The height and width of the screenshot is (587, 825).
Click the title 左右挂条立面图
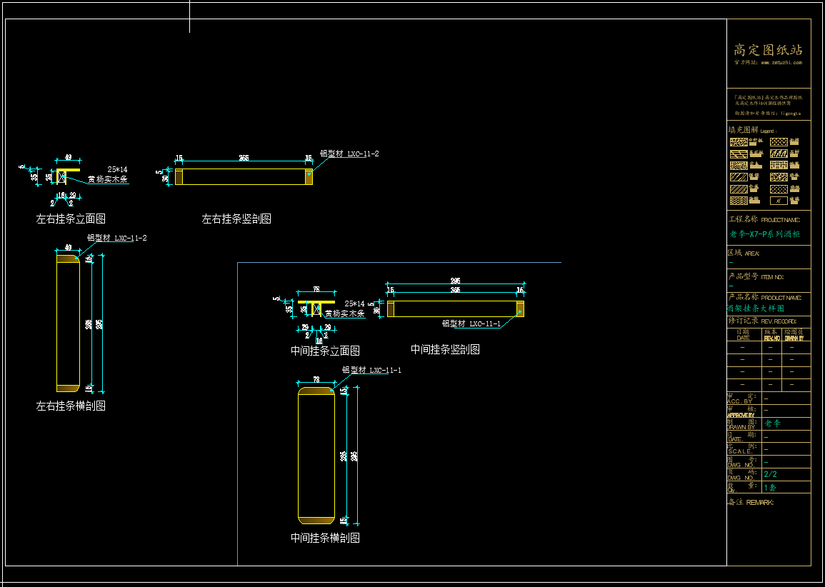click(71, 219)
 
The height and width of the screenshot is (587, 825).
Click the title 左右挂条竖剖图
click(236, 219)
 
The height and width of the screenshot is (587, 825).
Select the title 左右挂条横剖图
click(71, 406)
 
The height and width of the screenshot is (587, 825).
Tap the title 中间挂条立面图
click(325, 351)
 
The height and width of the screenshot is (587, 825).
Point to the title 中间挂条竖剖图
click(445, 349)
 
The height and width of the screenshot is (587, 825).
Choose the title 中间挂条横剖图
click(325, 538)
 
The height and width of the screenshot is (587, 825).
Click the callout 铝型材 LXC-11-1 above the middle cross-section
click(371, 370)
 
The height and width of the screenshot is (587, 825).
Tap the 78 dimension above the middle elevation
click(316, 289)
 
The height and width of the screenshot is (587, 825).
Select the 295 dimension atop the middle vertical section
click(455, 281)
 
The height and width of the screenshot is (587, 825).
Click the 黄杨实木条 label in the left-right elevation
click(108, 180)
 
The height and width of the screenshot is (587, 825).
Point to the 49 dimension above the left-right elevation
click(68, 156)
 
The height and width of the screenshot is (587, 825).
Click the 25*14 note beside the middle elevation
click(355, 303)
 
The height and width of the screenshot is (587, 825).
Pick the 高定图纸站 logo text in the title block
click(769, 50)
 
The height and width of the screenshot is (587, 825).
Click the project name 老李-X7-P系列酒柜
click(764, 234)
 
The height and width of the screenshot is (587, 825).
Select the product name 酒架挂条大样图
click(756, 308)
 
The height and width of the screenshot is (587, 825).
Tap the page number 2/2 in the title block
click(771, 474)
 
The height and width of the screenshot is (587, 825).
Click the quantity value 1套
click(770, 488)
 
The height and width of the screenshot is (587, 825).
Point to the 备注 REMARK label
click(750, 502)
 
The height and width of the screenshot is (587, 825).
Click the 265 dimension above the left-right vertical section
click(244, 158)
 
